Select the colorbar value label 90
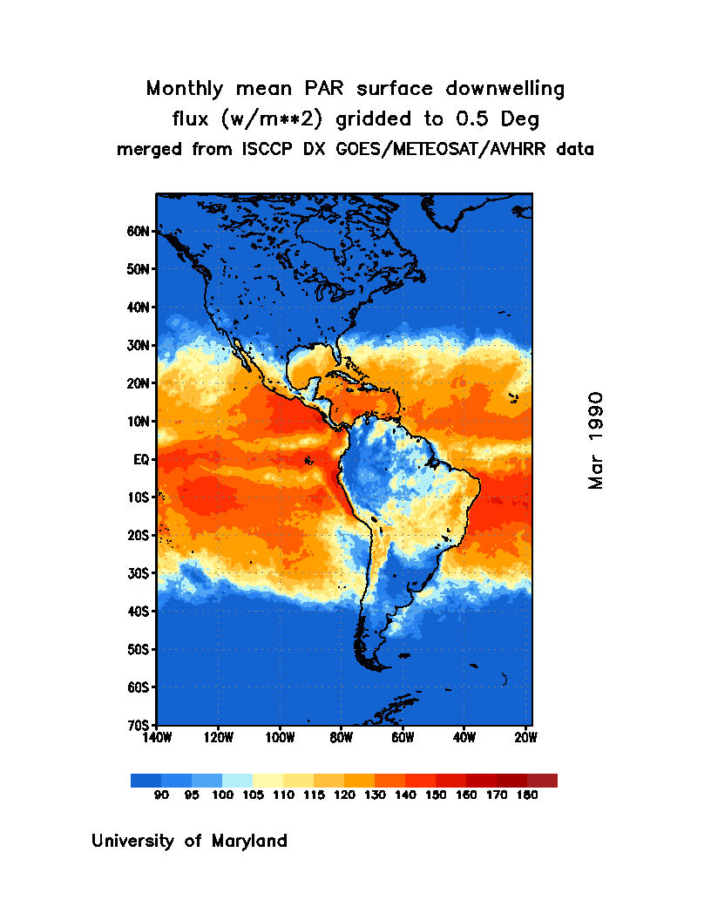[x=161, y=795]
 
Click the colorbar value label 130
[x=375, y=795]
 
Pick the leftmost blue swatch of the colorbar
[x=146, y=781]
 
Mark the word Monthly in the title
[x=181, y=89]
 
